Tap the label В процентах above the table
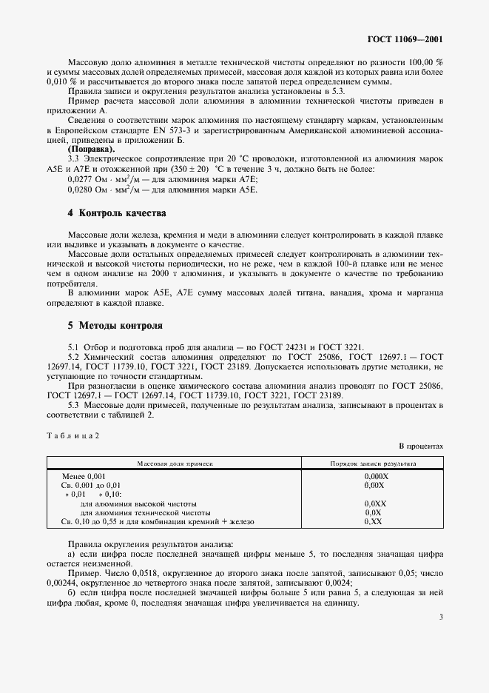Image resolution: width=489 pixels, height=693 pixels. [420, 446]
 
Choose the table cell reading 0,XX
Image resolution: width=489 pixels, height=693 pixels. [373, 522]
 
